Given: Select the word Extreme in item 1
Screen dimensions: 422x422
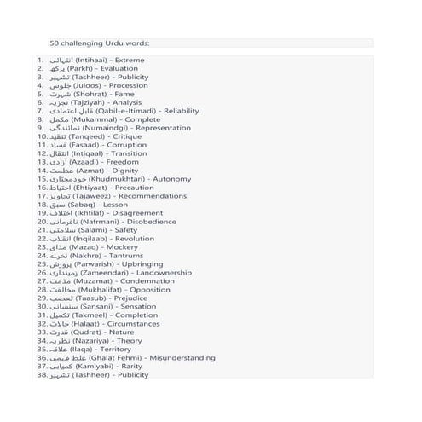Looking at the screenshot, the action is tap(128, 61).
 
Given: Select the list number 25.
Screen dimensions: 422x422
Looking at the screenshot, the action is tap(41, 264).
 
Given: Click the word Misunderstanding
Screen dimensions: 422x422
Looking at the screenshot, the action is tap(182, 358).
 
